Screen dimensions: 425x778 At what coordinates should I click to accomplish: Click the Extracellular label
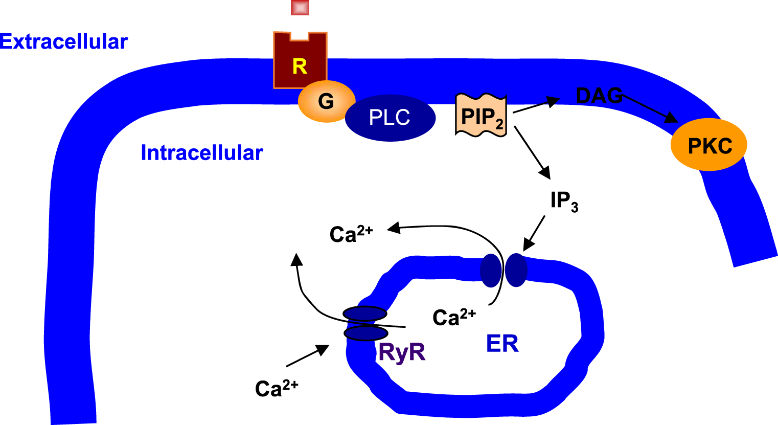(64, 41)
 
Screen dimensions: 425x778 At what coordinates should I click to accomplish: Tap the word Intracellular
(201, 153)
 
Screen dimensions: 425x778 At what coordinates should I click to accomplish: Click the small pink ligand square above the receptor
(300, 7)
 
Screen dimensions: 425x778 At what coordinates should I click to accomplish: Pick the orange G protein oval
(327, 101)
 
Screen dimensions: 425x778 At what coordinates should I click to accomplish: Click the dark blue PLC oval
(390, 118)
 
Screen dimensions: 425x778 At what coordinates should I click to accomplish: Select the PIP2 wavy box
(481, 116)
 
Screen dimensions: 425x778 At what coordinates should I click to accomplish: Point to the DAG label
(599, 96)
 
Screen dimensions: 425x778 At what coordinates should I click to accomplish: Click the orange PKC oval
(709, 145)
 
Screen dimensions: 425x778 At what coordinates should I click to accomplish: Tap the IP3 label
(564, 200)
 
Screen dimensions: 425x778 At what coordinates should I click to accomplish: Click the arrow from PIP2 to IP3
(532, 151)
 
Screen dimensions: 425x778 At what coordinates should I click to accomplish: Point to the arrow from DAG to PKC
(649, 109)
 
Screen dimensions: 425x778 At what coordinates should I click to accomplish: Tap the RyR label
(402, 352)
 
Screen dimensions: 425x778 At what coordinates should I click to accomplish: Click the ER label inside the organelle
(502, 344)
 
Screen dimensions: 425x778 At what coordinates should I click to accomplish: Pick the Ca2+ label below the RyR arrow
(276, 388)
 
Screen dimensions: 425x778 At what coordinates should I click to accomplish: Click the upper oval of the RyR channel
(364, 313)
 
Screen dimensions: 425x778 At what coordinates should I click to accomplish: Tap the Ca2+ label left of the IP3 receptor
(351, 234)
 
